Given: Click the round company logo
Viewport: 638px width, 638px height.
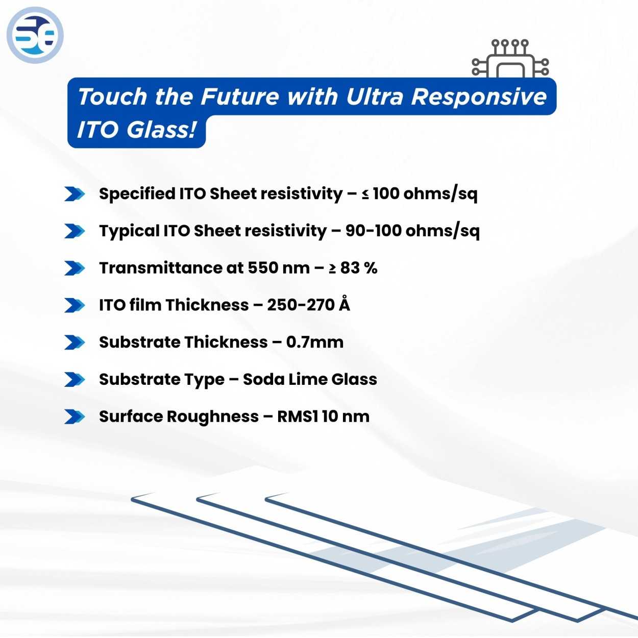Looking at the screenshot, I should pos(35,35).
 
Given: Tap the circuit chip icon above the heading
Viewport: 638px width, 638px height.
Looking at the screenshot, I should pos(510,59).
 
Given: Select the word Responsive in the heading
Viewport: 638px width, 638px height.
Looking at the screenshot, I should pos(479,96).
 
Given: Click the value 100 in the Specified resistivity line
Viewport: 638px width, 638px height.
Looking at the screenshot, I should pos(386,193).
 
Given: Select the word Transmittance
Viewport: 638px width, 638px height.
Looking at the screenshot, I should pos(159,268).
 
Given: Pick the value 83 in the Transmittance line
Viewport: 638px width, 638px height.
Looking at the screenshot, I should pos(350,268).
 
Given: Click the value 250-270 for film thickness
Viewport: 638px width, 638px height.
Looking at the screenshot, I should pos(301,305).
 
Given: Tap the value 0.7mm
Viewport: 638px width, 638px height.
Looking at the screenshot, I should pos(314,342).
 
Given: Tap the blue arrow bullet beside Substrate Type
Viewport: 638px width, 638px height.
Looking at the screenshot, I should pos(75,379).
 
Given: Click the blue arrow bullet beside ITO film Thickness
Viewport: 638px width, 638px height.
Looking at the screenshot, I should pos(75,305).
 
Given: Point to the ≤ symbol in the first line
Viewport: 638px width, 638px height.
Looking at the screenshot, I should pos(365,194).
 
